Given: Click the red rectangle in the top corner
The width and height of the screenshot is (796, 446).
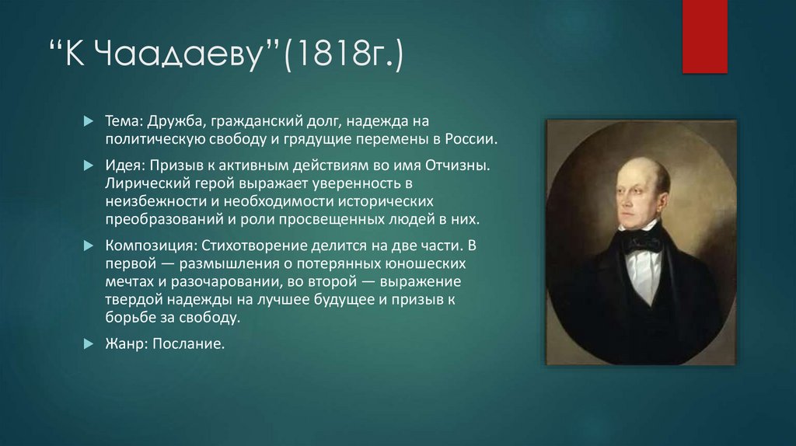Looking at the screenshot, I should point(704,36).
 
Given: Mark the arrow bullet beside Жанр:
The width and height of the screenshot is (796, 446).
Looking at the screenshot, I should point(88,342).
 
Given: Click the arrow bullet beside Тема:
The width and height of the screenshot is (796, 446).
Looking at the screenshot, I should point(88,123).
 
